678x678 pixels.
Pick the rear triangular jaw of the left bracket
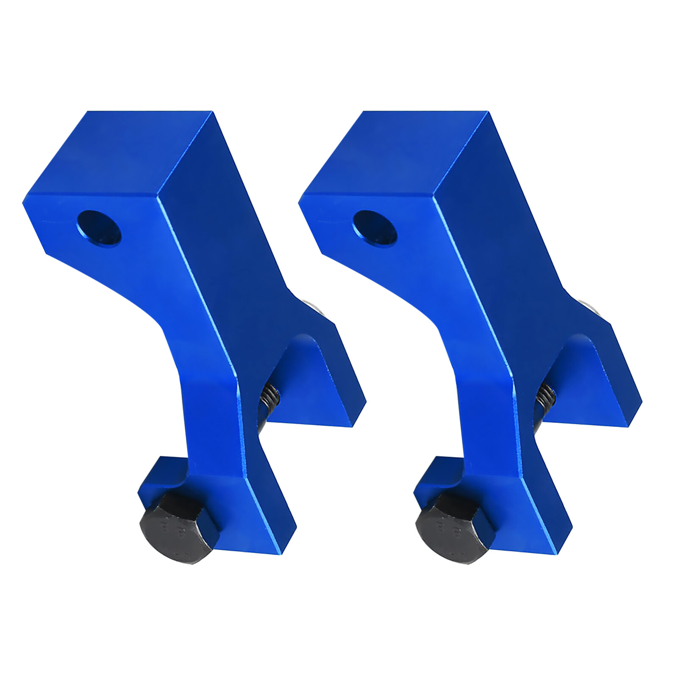(318, 381)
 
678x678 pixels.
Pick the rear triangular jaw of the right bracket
(593, 381)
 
